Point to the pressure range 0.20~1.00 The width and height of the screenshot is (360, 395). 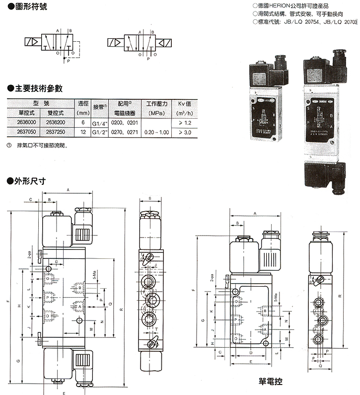(155, 133)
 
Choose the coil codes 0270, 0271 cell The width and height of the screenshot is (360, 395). (125, 133)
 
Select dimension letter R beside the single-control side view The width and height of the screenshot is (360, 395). (340, 296)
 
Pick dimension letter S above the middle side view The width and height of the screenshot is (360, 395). (150, 198)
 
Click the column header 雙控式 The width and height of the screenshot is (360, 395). (55, 113)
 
